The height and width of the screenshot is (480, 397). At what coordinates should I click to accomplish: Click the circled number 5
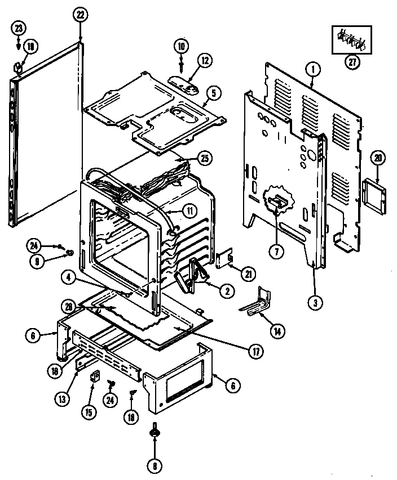click(x=211, y=93)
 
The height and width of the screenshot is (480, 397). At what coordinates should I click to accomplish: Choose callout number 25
click(x=205, y=158)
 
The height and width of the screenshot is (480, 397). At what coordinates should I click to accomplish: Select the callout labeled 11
click(x=189, y=212)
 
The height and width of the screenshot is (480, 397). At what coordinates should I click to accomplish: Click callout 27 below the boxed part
click(x=353, y=63)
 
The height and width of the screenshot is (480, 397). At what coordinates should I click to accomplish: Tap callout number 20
click(x=378, y=159)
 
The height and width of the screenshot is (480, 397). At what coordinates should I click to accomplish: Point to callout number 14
click(x=277, y=331)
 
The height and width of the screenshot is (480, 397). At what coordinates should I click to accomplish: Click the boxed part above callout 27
click(x=352, y=40)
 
